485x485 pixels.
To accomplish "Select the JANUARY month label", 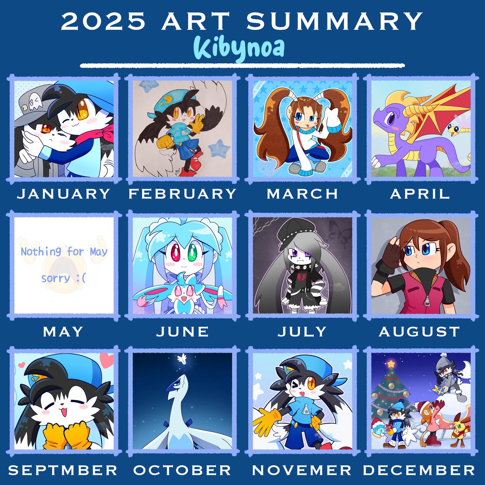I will tap(63, 194).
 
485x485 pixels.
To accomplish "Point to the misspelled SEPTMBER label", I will tap(63, 470).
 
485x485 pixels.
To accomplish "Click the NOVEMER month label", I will tap(302, 470).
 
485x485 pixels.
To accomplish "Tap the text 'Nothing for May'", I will tap(64, 252).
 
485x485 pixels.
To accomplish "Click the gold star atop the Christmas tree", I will tap(390, 363).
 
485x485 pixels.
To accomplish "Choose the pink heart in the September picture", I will tap(106, 358).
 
